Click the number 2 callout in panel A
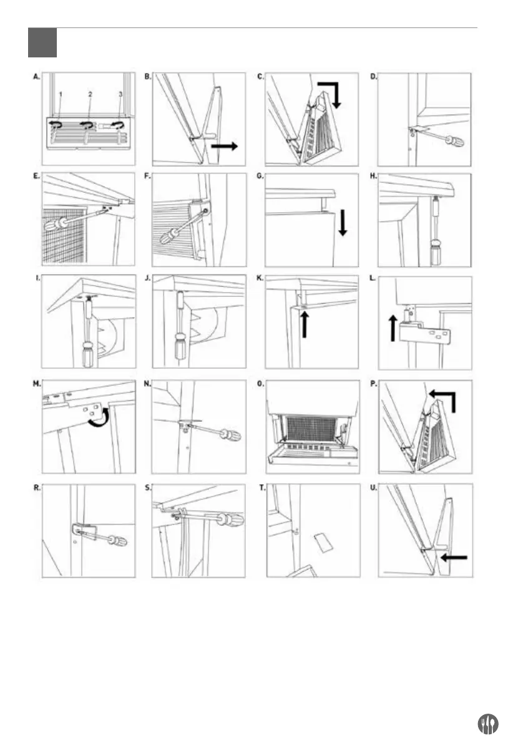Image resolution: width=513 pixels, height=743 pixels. [x=90, y=94]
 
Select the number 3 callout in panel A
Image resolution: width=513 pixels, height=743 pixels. [x=119, y=94]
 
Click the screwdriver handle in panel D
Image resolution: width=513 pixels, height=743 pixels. [x=452, y=140]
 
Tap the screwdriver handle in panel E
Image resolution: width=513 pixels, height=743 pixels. [x=61, y=223]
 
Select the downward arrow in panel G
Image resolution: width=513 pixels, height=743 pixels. [x=342, y=223]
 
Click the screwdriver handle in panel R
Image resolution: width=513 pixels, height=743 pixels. [x=116, y=540]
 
